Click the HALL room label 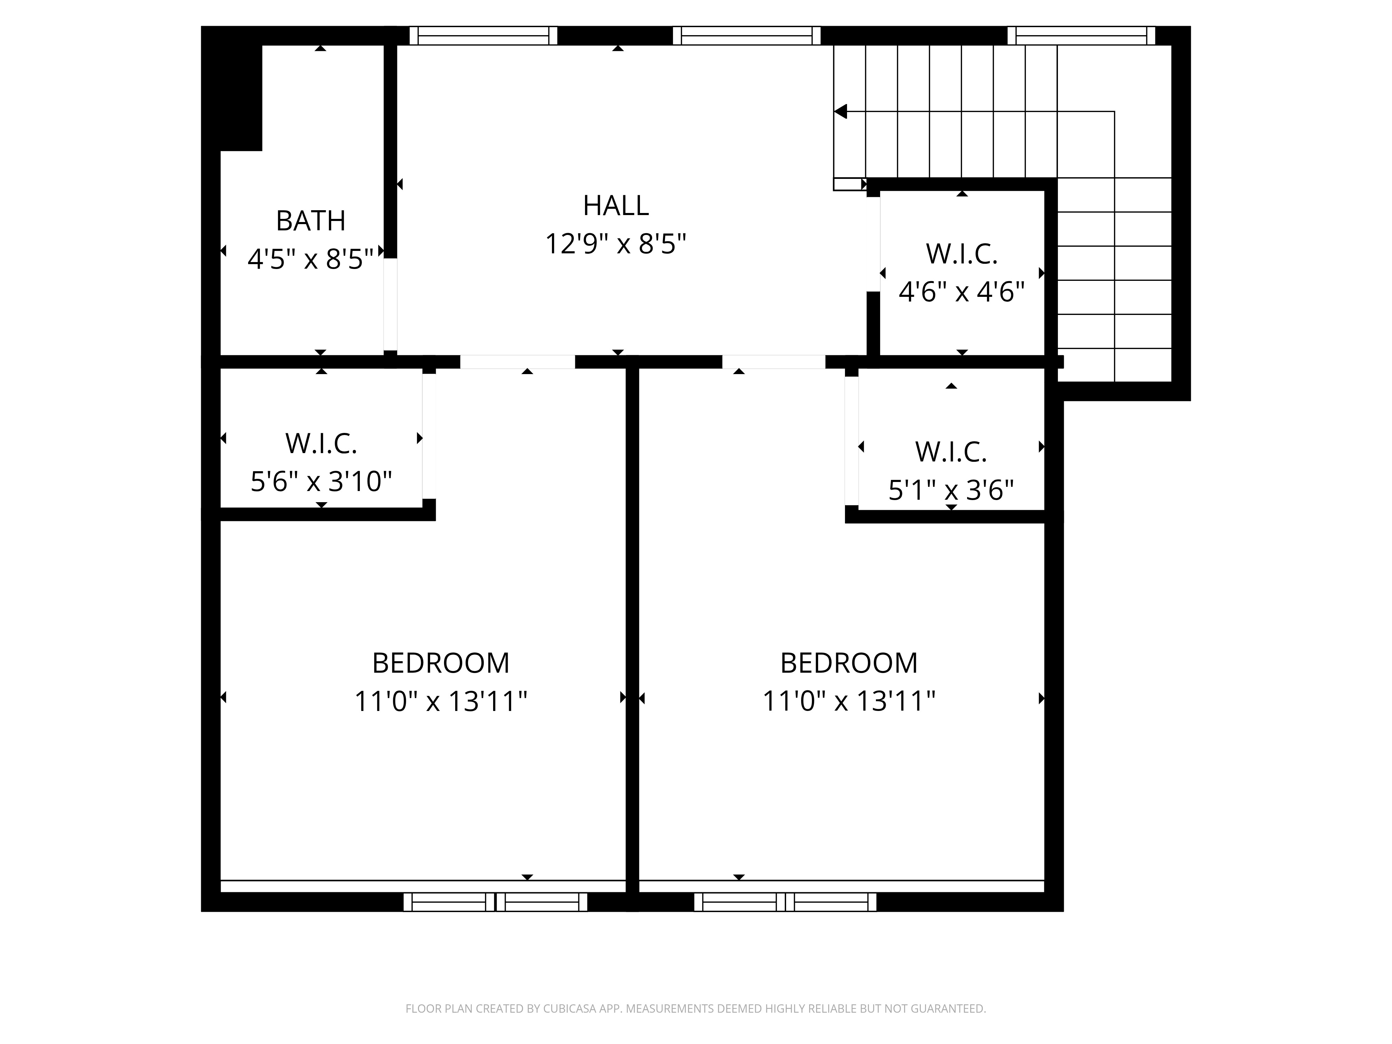[x=616, y=206]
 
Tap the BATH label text [x=311, y=221]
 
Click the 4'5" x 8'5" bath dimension [x=311, y=259]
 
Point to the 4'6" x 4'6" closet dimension [x=962, y=292]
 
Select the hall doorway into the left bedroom [x=517, y=362]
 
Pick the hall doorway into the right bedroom [x=773, y=362]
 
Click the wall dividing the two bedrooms [x=632, y=629]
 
